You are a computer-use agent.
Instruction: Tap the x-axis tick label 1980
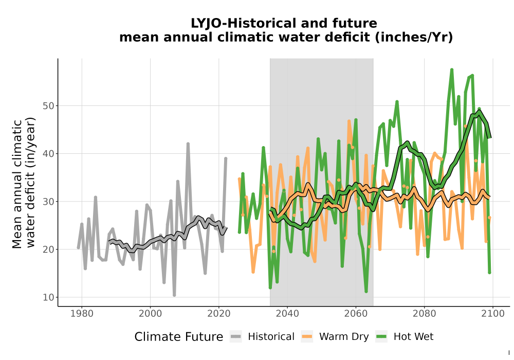click(82, 313)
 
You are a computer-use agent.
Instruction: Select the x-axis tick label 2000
click(150, 313)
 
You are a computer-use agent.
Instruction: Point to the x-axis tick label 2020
click(218, 313)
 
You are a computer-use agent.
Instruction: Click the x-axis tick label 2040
click(287, 313)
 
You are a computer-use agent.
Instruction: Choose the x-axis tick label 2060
click(356, 313)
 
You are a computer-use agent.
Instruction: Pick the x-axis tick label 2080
click(424, 313)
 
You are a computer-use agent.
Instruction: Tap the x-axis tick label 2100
click(493, 313)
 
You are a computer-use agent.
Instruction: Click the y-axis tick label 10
click(48, 297)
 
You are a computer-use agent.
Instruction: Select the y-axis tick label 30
click(48, 202)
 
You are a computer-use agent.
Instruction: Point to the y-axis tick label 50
click(48, 106)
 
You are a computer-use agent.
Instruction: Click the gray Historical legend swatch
click(236, 336)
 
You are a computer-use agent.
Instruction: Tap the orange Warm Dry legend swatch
click(307, 336)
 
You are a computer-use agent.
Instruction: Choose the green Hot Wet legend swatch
click(381, 336)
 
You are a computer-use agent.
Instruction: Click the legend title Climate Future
click(179, 337)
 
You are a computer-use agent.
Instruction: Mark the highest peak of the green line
click(452, 69)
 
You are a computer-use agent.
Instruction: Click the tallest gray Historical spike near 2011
click(188, 143)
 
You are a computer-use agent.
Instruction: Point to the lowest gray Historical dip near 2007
click(174, 295)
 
